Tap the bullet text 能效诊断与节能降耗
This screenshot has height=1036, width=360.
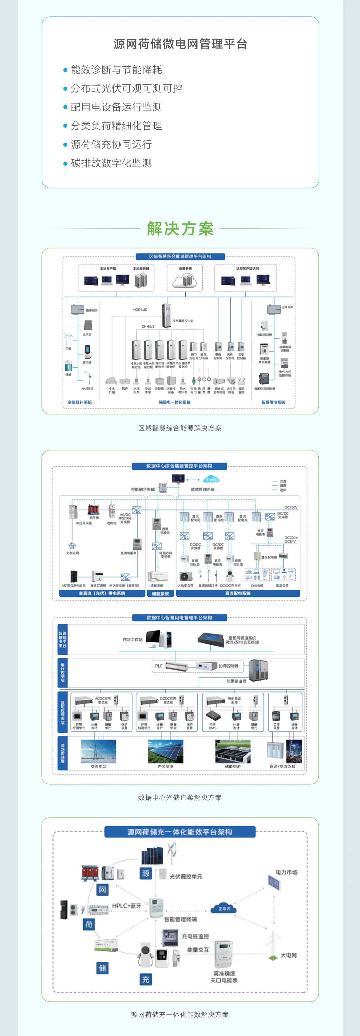[x=116, y=70]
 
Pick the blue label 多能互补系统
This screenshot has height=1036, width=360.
[x=80, y=402]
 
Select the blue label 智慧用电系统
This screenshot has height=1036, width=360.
[x=273, y=402]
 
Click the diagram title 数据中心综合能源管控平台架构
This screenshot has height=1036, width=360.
[x=179, y=466]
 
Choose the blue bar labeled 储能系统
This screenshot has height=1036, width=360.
[x=160, y=594]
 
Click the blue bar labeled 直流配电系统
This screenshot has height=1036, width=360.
[x=238, y=594]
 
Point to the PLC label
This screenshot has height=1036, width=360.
[x=159, y=666]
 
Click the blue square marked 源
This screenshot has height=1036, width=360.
[x=146, y=873]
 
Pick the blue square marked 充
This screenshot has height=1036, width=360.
[x=146, y=979]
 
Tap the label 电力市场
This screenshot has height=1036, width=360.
[x=286, y=872]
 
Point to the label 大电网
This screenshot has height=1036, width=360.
[x=288, y=955]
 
